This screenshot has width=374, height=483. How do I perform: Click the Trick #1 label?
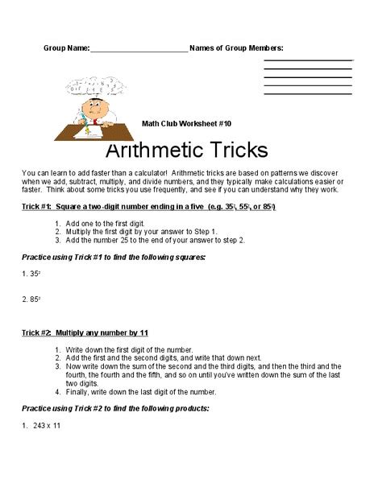pyautogui.click(x=40, y=207)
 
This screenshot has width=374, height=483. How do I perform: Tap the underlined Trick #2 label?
pyautogui.click(x=40, y=332)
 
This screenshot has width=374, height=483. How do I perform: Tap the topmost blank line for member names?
pyautogui.click(x=308, y=60)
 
